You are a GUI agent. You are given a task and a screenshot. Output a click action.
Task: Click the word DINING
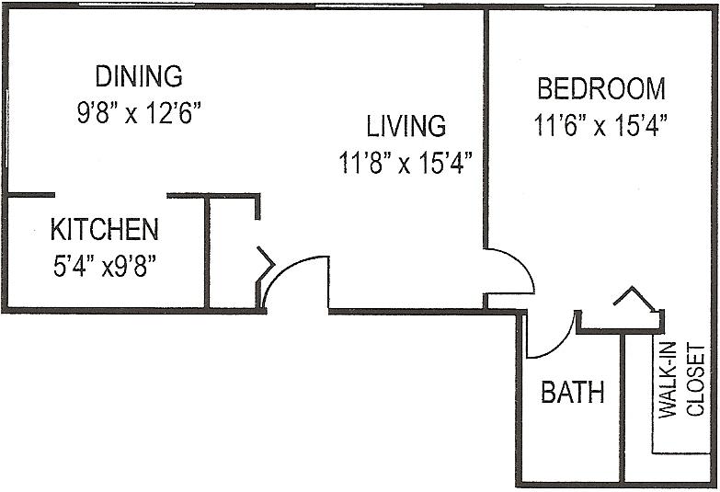click(139, 76)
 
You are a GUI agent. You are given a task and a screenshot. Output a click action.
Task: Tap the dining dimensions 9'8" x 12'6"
click(139, 112)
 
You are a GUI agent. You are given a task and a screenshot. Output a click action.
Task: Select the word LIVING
click(406, 126)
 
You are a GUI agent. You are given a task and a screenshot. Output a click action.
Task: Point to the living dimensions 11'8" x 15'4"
click(406, 163)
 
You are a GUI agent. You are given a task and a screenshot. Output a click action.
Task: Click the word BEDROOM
click(601, 88)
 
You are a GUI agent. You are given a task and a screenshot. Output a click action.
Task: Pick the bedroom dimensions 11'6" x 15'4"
click(600, 125)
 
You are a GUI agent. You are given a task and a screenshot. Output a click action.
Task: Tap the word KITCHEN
click(104, 229)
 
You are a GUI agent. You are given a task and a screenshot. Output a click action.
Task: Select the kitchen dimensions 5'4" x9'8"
click(104, 266)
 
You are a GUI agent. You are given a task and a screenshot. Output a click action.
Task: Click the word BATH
click(572, 393)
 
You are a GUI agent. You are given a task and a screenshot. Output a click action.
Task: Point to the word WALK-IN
click(668, 380)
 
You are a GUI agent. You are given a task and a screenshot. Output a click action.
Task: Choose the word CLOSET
click(695, 380)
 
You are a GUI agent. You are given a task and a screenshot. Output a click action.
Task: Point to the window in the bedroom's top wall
click(600, 6)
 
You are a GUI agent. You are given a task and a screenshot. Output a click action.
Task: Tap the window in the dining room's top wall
click(136, 5)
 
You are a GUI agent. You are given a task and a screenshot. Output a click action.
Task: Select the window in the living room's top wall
click(369, 6)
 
